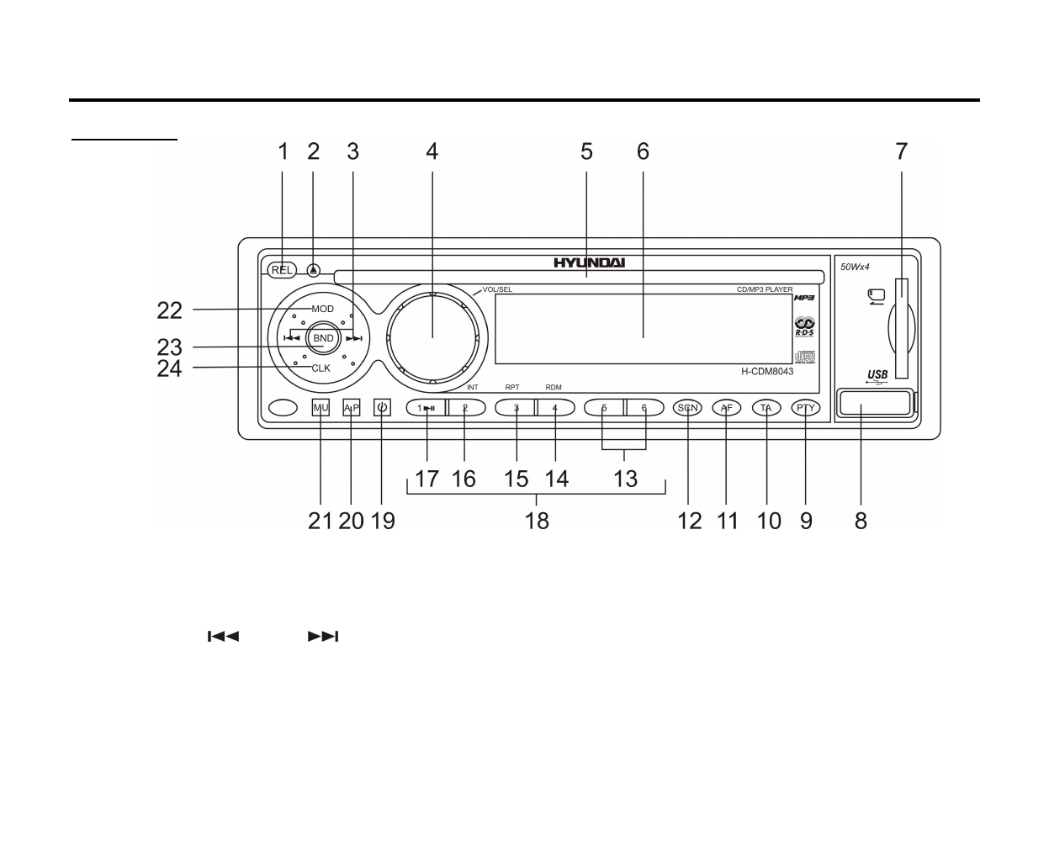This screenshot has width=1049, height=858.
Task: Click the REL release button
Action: click(283, 270)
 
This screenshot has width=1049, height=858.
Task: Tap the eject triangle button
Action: click(314, 271)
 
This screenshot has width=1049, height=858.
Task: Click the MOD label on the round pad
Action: click(323, 309)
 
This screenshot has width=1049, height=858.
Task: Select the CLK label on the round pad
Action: click(321, 368)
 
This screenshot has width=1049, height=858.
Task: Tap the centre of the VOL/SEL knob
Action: click(432, 337)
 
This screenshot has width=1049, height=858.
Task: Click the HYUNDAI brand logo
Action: click(589, 262)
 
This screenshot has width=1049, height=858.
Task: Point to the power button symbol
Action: click(383, 408)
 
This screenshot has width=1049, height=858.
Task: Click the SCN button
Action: click(688, 408)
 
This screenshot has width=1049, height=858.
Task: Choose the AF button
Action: click(727, 408)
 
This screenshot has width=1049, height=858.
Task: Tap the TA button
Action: click(766, 408)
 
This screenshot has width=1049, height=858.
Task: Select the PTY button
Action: click(806, 408)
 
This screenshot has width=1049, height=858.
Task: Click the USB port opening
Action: click(874, 402)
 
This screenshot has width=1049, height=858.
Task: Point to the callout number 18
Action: click(537, 521)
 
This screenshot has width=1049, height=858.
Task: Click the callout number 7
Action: click(902, 151)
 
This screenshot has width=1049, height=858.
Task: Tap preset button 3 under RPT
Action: click(517, 408)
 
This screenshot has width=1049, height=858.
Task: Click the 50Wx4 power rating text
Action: click(855, 267)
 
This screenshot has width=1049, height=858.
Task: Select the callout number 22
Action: click(169, 310)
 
